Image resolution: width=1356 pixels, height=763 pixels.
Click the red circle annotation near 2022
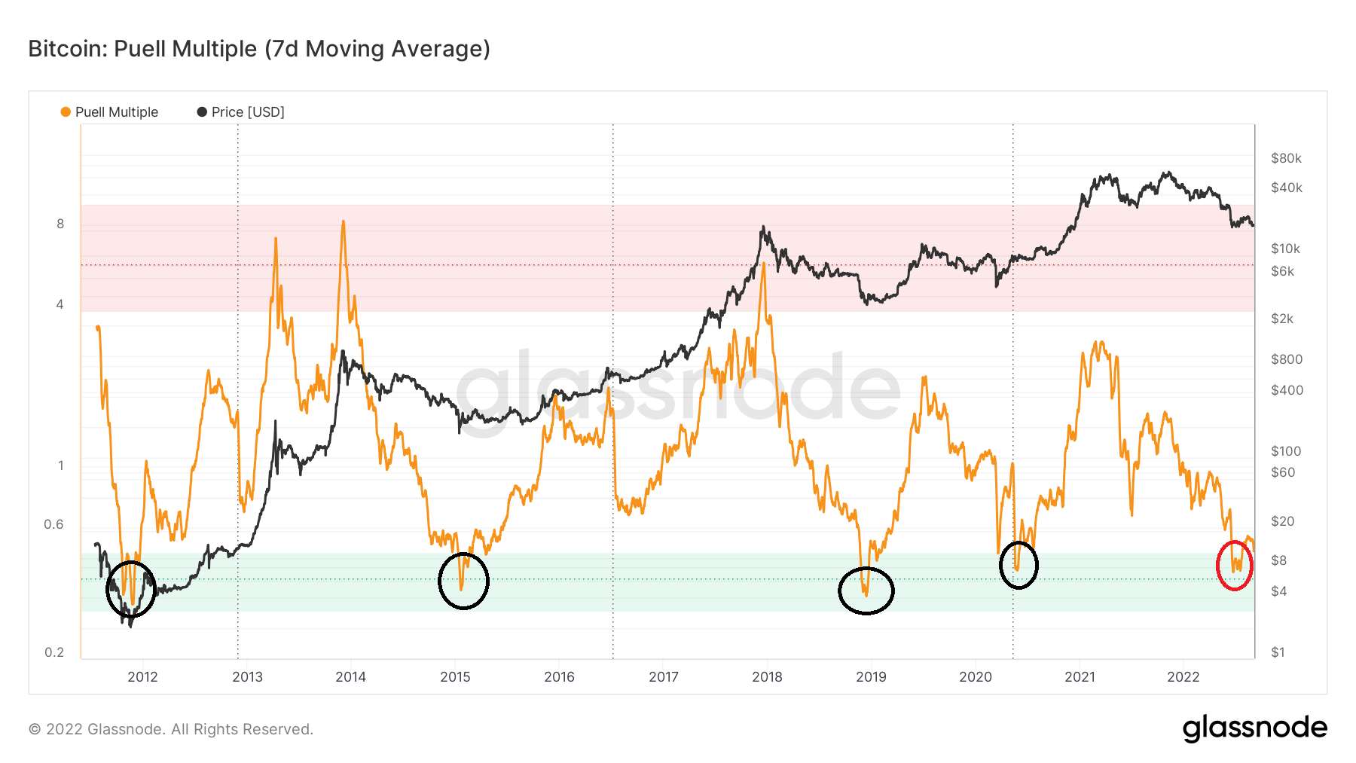[x=1235, y=566]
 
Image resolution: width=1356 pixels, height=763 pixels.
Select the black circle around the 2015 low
[x=463, y=581]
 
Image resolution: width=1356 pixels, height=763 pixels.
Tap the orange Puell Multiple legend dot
[x=66, y=112]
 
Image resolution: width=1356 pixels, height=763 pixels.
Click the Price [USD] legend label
[x=248, y=112]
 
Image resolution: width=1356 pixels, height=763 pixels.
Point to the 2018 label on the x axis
[x=767, y=676]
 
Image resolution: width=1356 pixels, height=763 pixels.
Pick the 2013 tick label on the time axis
[x=247, y=676]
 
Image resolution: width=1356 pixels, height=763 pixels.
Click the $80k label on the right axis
[x=1286, y=158]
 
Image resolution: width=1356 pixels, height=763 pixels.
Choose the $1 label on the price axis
[x=1278, y=652]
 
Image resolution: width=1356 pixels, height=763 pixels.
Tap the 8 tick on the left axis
[x=60, y=224]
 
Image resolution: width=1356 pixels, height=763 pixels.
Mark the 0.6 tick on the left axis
[x=53, y=524]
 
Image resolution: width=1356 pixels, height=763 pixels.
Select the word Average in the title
[x=444, y=49]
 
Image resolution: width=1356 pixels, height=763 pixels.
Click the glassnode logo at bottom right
[x=1254, y=728]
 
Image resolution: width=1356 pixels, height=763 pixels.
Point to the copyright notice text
[x=171, y=729]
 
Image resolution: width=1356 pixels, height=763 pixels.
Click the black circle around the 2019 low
[x=866, y=591]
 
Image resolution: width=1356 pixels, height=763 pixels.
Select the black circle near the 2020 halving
[x=1019, y=565]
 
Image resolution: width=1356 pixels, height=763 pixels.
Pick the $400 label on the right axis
[x=1287, y=390]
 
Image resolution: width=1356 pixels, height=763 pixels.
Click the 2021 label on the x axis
[x=1080, y=676]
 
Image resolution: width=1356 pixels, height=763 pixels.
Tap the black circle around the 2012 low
[x=131, y=589]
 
